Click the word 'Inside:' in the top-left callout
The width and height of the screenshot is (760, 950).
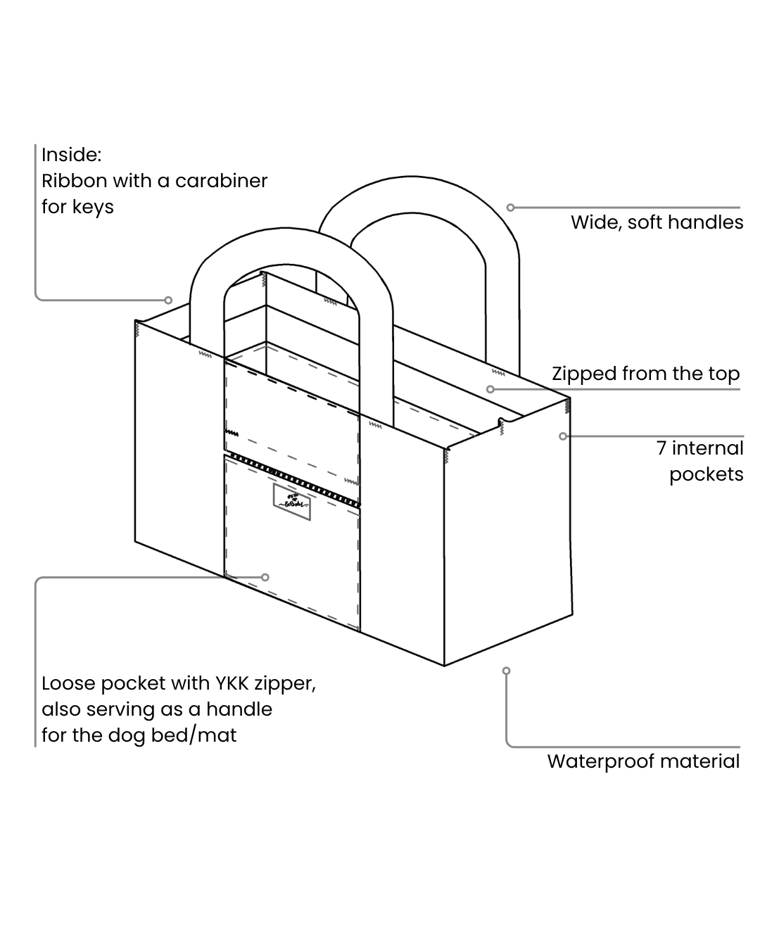pos(71,154)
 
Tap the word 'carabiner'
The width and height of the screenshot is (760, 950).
pos(221,181)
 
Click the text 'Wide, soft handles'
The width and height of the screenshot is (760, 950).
pos(657,222)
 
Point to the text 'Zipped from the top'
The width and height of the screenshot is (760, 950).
pos(645,374)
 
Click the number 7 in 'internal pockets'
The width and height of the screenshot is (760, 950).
pos(661,448)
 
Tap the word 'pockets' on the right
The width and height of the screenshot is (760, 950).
pos(706,474)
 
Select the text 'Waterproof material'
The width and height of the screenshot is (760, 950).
pos(643,761)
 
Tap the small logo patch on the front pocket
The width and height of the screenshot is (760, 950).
pos(291,502)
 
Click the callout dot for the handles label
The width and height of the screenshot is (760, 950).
pos(511,208)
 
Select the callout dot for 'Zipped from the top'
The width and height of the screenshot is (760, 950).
pos(490,389)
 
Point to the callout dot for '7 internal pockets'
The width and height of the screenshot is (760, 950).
pos(563,436)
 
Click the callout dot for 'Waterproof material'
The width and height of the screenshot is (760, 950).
pos(506,671)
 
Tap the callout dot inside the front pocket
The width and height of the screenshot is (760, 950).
pos(265,577)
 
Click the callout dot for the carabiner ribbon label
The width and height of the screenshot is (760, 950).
pos(169,300)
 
